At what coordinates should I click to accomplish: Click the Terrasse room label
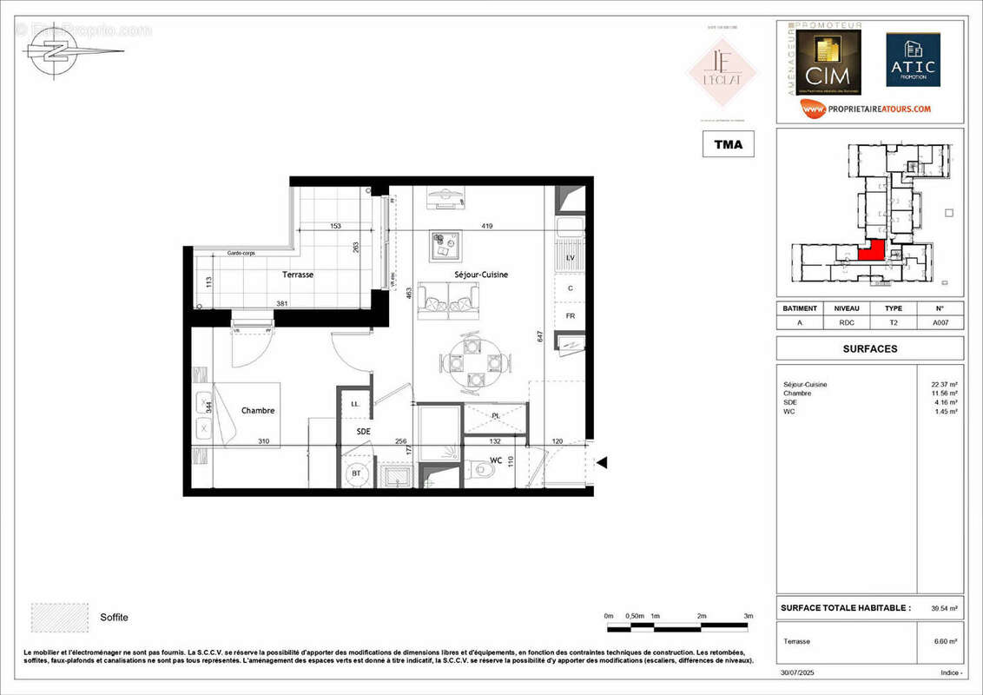click(x=298, y=275)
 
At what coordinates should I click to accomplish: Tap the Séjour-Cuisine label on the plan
click(x=481, y=275)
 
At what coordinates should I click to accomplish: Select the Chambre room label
click(x=258, y=411)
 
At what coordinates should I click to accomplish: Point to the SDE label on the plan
click(x=363, y=431)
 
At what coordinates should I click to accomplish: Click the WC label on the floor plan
click(x=495, y=460)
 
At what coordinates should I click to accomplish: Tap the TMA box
click(x=728, y=144)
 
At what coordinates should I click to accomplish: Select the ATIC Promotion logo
click(x=913, y=60)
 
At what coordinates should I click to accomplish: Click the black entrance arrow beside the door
click(x=601, y=463)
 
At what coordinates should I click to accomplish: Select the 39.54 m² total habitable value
click(x=943, y=608)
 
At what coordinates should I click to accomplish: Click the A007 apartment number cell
click(x=940, y=323)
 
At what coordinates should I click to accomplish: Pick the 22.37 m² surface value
click(x=943, y=384)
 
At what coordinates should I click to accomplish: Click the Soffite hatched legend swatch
click(x=60, y=617)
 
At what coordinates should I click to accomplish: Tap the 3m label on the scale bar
click(x=748, y=616)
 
